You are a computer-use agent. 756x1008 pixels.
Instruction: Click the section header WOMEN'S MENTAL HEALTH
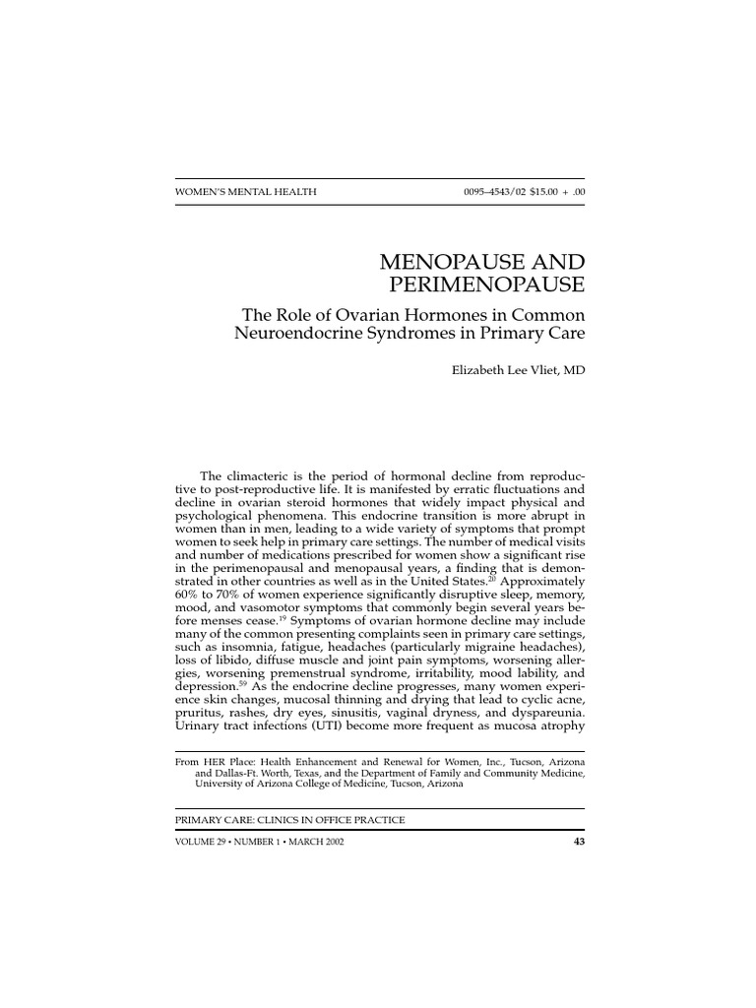(x=245, y=192)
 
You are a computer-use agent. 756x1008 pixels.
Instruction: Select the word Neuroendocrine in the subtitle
(x=305, y=334)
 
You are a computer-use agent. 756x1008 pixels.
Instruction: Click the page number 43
(x=578, y=843)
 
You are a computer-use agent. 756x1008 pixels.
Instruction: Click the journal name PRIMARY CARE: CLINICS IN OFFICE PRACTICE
(x=288, y=819)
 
